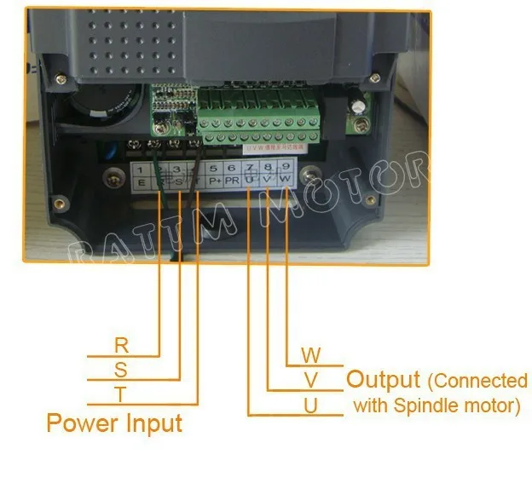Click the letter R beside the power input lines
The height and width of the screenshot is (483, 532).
[x=121, y=346]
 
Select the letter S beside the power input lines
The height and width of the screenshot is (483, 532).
[x=121, y=370]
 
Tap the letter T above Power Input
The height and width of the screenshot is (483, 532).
[x=121, y=394]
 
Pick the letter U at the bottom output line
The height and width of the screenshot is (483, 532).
[x=311, y=405]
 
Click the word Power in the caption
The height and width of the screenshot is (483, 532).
[x=82, y=423]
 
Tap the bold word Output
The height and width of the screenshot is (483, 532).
[x=384, y=379]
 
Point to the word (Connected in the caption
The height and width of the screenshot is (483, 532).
[x=478, y=380]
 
